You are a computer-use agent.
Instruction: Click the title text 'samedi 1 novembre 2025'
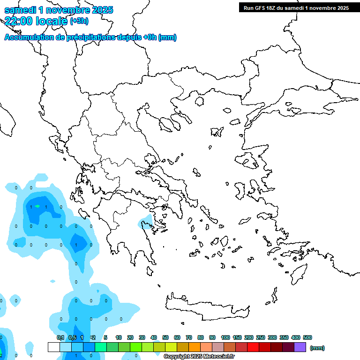pyautogui.click(x=59, y=10)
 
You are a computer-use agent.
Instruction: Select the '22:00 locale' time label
pyautogui.click(x=36, y=21)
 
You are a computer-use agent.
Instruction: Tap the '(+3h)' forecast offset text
pyautogui.click(x=78, y=21)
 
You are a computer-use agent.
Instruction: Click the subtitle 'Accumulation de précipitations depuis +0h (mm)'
pyautogui.click(x=90, y=37)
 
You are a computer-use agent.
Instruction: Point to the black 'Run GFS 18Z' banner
pyautogui.click(x=296, y=7)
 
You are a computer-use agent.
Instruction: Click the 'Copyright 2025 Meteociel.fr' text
pyautogui.click(x=199, y=357)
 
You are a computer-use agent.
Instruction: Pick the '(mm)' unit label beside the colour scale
pyautogui.click(x=317, y=348)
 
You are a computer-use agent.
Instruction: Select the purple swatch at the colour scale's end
pyautogui.click(x=300, y=347)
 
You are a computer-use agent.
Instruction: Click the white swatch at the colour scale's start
pyautogui.click(x=53, y=347)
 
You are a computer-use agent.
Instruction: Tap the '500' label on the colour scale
pyautogui.click(x=307, y=337)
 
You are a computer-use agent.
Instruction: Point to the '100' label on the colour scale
pyautogui.click(x=225, y=337)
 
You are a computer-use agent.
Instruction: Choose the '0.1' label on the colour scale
pyautogui.click(x=60, y=337)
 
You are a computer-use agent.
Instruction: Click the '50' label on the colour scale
pyautogui.click(x=165, y=337)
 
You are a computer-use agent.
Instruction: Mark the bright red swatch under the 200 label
pyautogui.click(x=253, y=347)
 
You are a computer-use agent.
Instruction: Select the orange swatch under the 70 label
pyautogui.click(x=195, y=347)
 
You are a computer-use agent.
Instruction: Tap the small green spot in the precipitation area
pyautogui.click(x=37, y=206)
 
